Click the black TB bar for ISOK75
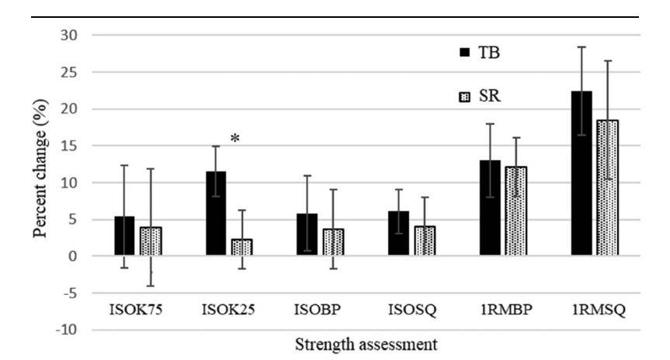124,236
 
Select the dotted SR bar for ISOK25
242,247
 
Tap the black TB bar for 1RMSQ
581,173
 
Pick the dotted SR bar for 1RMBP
516,211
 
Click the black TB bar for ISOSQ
399,234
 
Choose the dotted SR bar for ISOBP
333,242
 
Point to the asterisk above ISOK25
235,138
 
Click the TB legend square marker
464,52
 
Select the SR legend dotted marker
464,97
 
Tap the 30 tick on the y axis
69,35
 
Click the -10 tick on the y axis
67,330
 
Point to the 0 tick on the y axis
73,256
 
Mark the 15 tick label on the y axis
69,146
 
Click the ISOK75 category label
136,310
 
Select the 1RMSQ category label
599,310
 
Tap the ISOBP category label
318,310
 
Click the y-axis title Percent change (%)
40,168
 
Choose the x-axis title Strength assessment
366,344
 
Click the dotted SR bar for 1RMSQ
608,188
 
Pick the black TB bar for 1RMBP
490,208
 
